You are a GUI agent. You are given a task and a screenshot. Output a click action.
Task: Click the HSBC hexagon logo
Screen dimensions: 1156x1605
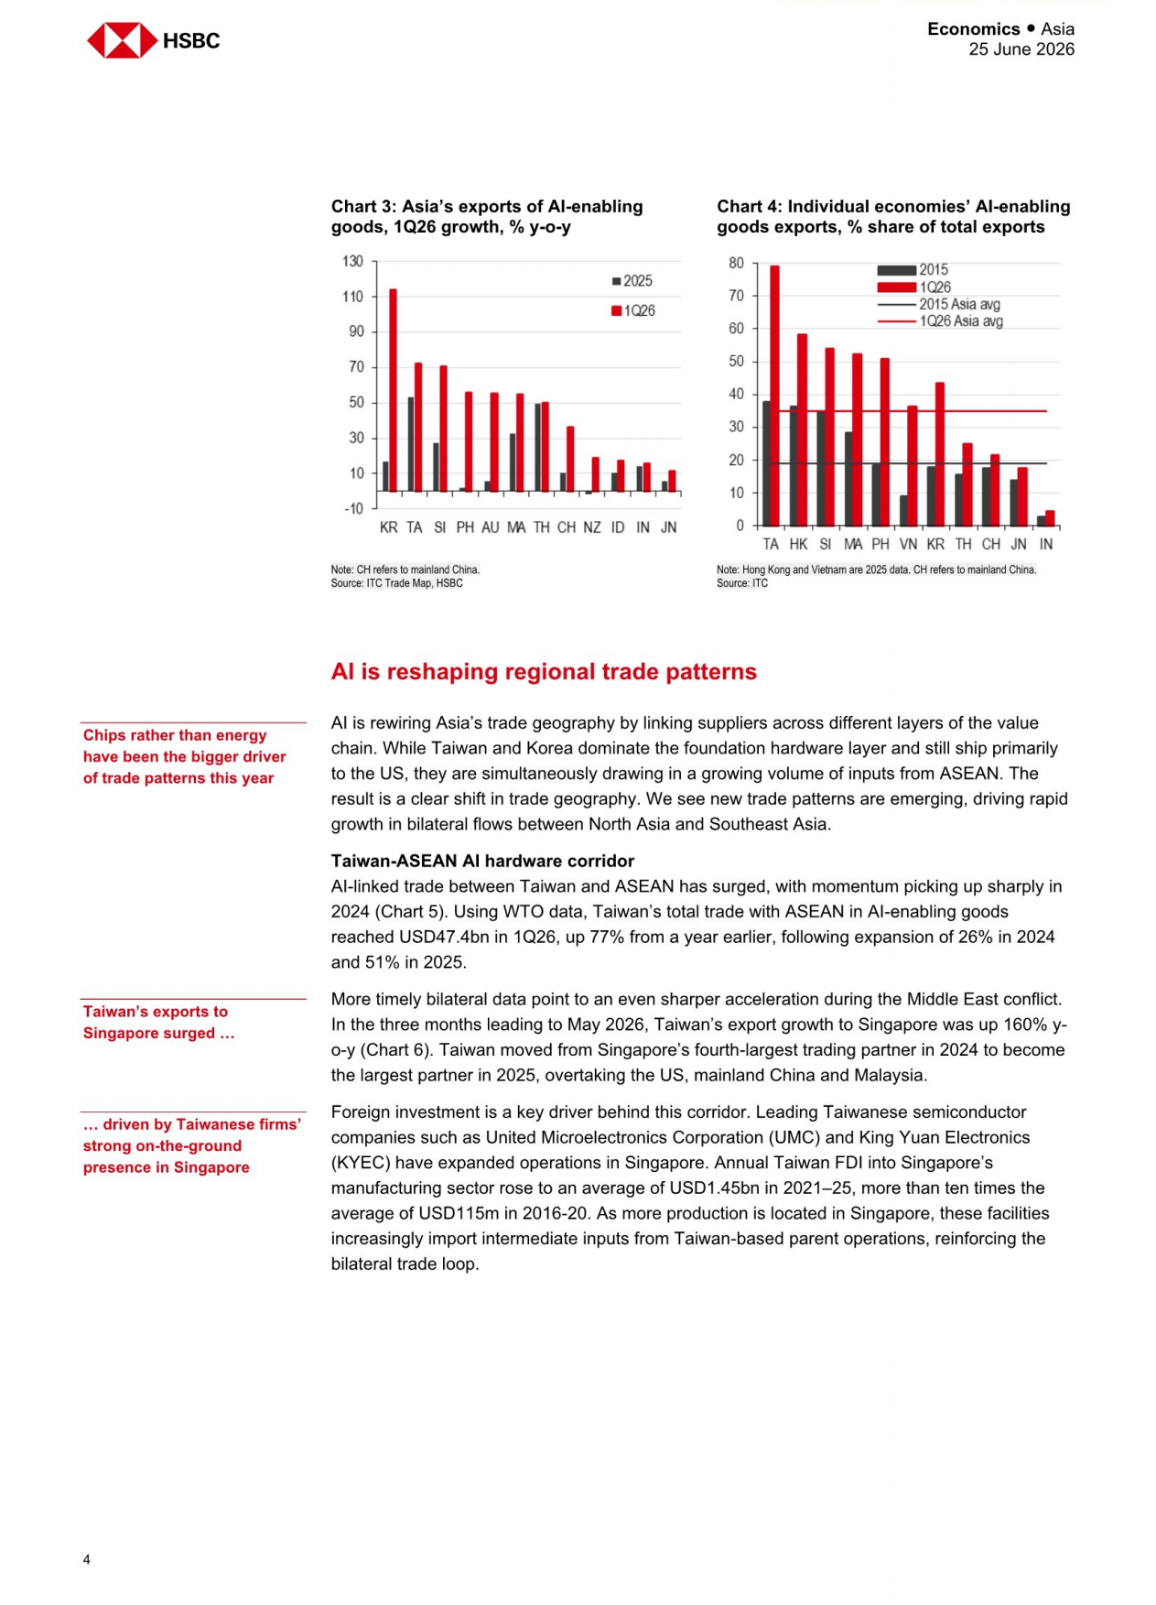pyautogui.click(x=122, y=40)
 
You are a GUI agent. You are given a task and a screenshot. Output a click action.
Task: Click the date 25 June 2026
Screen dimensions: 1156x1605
pyautogui.click(x=1021, y=49)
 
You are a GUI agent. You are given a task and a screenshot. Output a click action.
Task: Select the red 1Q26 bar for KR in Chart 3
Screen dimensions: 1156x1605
pyautogui.click(x=394, y=390)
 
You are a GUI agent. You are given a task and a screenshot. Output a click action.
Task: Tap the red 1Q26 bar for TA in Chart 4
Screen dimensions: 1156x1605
pyautogui.click(x=774, y=396)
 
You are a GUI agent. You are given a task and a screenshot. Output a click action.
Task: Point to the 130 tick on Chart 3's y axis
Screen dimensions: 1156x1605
pyautogui.click(x=352, y=261)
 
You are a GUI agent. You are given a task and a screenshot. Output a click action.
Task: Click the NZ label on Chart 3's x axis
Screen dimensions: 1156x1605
pyautogui.click(x=592, y=527)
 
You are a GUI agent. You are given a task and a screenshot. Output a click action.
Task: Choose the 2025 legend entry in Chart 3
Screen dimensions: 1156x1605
pyautogui.click(x=632, y=281)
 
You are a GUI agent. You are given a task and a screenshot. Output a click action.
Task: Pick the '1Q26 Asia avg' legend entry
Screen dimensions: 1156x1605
pyautogui.click(x=940, y=321)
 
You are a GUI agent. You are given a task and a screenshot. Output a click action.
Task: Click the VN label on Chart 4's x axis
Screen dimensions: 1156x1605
pyautogui.click(x=908, y=544)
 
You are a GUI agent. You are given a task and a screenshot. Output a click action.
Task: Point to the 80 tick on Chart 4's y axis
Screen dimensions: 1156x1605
pyautogui.click(x=736, y=263)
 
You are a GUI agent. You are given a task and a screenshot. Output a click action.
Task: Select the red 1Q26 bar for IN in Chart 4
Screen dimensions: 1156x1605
pyautogui.click(x=1050, y=518)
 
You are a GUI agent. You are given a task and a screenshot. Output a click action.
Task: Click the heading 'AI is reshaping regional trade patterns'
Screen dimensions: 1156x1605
pyautogui.click(x=544, y=671)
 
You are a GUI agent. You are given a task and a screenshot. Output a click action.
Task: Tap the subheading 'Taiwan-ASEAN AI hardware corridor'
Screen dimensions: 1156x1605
pyautogui.click(x=482, y=861)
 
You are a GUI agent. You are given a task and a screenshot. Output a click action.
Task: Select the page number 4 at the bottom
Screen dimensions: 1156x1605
pyautogui.click(x=87, y=1559)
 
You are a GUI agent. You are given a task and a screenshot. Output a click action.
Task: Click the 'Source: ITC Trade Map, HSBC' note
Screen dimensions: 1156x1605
pyautogui.click(x=396, y=583)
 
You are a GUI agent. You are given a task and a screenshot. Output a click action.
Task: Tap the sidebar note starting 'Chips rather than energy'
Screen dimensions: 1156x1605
pyautogui.click(x=184, y=756)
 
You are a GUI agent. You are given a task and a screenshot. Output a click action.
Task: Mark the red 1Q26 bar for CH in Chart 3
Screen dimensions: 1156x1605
pyautogui.click(x=570, y=460)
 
